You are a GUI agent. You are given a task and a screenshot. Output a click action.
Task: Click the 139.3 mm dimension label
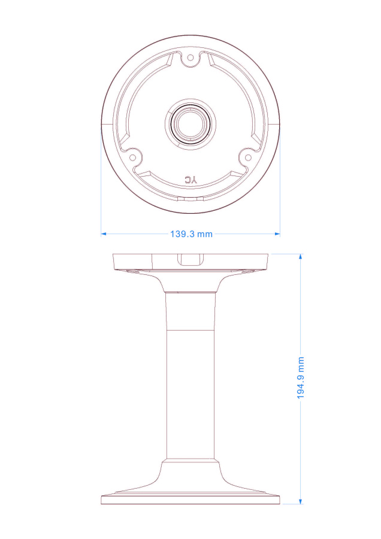191,234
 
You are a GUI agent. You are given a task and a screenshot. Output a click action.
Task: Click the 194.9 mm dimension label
301,378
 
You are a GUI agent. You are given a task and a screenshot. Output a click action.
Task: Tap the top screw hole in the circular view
190,57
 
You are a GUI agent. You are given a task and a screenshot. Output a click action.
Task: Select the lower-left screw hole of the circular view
132,158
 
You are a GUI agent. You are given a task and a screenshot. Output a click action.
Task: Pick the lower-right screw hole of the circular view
247,158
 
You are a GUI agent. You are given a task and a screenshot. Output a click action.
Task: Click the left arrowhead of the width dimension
103,234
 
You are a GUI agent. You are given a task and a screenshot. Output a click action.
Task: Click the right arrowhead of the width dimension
277,234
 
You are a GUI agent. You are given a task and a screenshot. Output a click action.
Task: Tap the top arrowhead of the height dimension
301,256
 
